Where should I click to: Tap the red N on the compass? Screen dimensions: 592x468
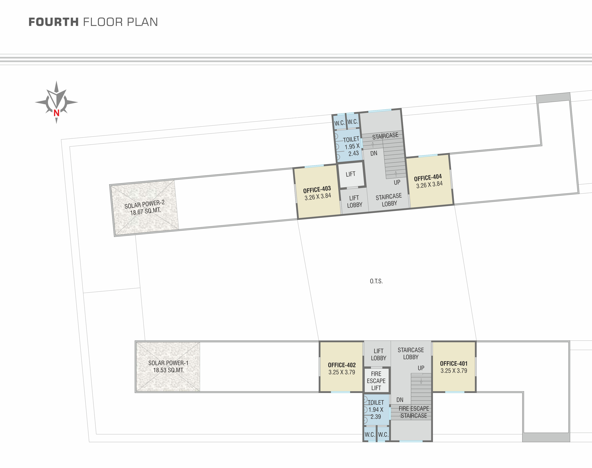click(x=57, y=113)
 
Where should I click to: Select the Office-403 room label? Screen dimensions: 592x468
click(x=317, y=189)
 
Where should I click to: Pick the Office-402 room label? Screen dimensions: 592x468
click(x=342, y=365)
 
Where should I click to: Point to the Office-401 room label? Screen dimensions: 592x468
click(x=454, y=364)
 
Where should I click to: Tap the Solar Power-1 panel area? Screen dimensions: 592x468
click(x=168, y=366)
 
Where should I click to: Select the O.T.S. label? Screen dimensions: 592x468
click(x=376, y=281)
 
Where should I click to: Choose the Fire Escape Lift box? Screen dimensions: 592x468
click(x=376, y=381)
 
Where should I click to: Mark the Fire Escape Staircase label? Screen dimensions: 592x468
click(x=414, y=412)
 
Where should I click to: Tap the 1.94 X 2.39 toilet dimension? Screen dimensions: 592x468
click(x=376, y=413)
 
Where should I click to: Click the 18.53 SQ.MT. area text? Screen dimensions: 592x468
click(x=168, y=370)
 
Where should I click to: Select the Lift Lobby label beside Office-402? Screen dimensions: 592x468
click(x=379, y=355)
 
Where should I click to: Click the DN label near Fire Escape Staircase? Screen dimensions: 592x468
click(x=400, y=400)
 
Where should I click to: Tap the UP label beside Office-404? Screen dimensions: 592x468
click(x=397, y=182)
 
